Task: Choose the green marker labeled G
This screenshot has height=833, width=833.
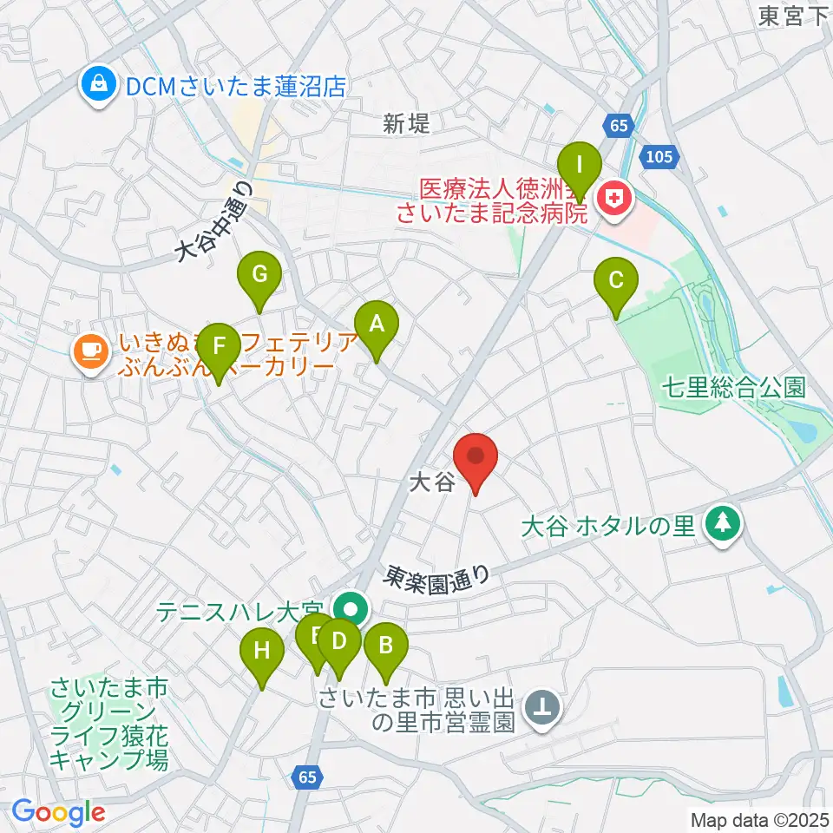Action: pos(259,276)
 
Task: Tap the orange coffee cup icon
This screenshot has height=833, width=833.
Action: pos(90,351)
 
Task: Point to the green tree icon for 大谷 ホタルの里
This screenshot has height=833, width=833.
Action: pos(722,523)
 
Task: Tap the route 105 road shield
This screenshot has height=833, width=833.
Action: pos(659,155)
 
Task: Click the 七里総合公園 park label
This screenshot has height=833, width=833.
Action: pos(734,387)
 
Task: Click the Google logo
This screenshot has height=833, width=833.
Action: pos(59,813)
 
